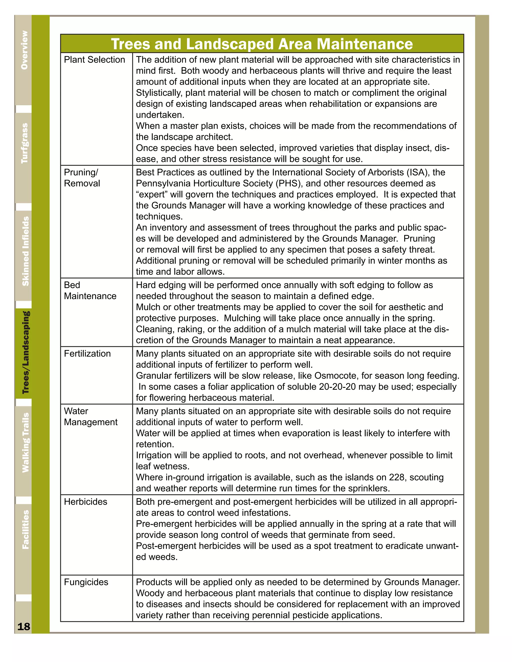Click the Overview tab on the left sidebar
pos(24,50)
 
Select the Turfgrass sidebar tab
pos(24,143)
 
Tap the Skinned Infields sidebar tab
pos(25,251)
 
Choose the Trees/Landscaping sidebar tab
pos(25,352)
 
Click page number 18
pos(24,626)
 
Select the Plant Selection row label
pos(94,60)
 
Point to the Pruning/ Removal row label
pos(82,178)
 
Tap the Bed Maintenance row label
pos(90,290)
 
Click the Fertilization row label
pos(87,353)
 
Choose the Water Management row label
pos(90,416)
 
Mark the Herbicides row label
pos(85,502)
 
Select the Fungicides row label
pos(86,582)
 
